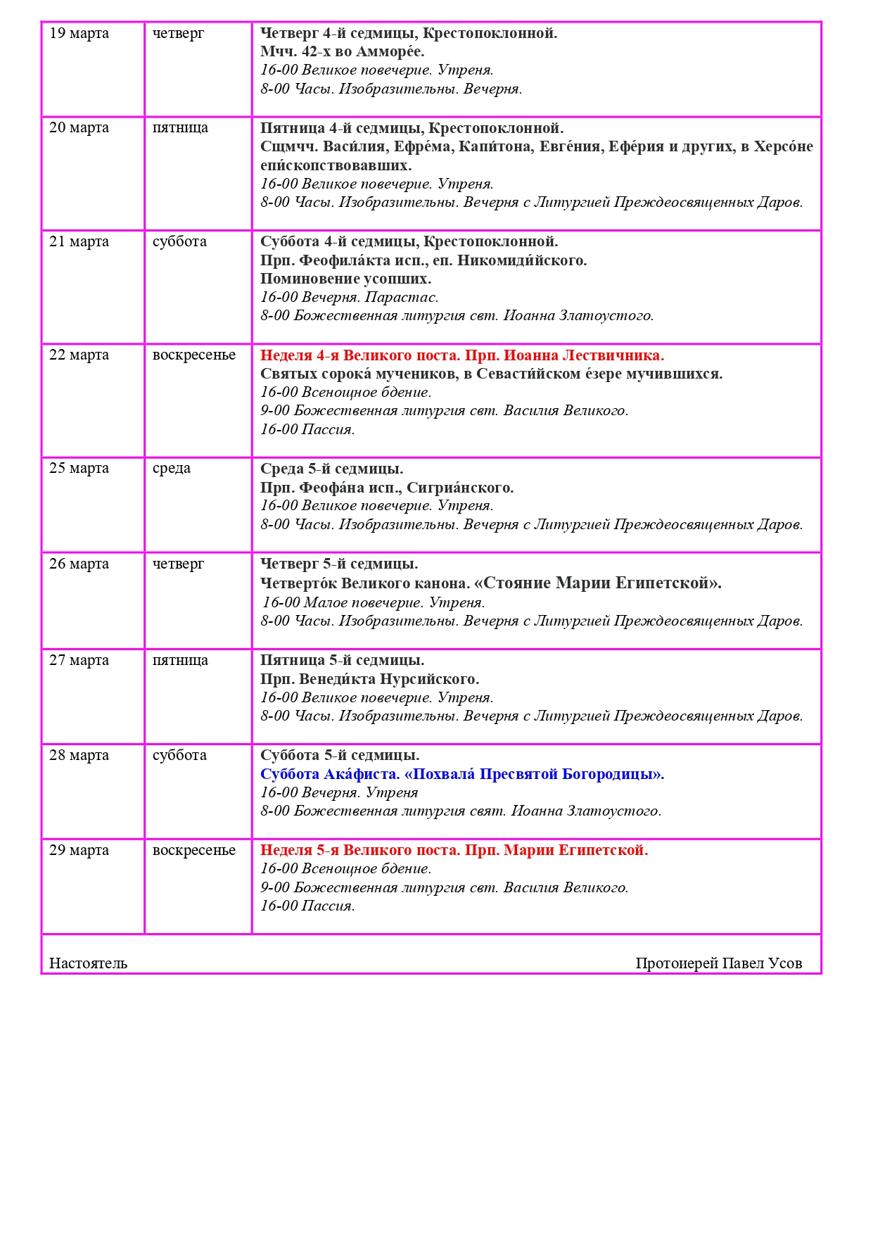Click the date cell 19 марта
[x=79, y=34]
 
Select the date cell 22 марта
[x=79, y=355]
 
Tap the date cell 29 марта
[x=79, y=850]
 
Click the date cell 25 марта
[x=79, y=469]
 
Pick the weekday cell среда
[x=172, y=469]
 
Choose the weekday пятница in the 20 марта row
[x=180, y=128]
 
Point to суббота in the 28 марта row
[x=179, y=755]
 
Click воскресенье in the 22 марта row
[x=194, y=355]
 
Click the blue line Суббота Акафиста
[x=461, y=774]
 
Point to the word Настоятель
[x=88, y=963]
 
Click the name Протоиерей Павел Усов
[x=718, y=963]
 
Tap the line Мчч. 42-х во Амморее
[x=342, y=52]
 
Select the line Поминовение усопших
[x=345, y=279]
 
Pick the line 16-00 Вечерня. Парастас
[x=349, y=297]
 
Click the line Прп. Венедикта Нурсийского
[x=369, y=679]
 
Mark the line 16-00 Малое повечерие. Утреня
[x=374, y=602]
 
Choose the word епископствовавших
[x=336, y=166]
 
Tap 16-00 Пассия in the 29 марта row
[x=307, y=906]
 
